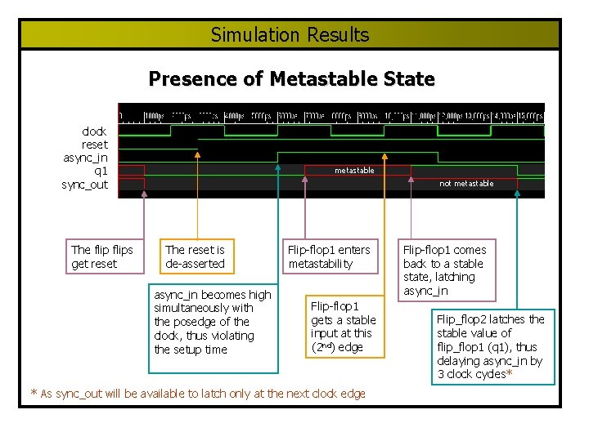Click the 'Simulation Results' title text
(x=290, y=35)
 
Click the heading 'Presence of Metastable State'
(x=291, y=79)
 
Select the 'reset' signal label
(x=94, y=144)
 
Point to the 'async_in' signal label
(x=85, y=158)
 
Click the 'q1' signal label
(x=101, y=171)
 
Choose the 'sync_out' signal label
(x=85, y=185)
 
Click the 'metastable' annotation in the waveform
(x=354, y=171)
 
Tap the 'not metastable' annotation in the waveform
(x=466, y=184)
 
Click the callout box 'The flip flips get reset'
(x=102, y=256)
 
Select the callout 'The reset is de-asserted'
(x=195, y=256)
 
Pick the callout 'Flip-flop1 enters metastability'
(x=328, y=256)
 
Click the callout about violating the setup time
(x=213, y=322)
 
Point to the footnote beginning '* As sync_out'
(x=198, y=394)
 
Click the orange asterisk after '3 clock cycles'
(x=510, y=374)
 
